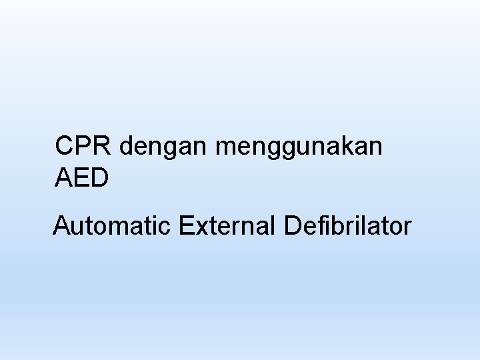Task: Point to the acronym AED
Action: (82, 178)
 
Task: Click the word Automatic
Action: (113, 226)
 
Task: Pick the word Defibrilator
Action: (347, 226)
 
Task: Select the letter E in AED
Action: (82, 178)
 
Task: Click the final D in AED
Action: (99, 178)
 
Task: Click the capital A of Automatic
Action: (62, 226)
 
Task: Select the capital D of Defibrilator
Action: (293, 226)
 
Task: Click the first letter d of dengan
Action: (128, 146)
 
